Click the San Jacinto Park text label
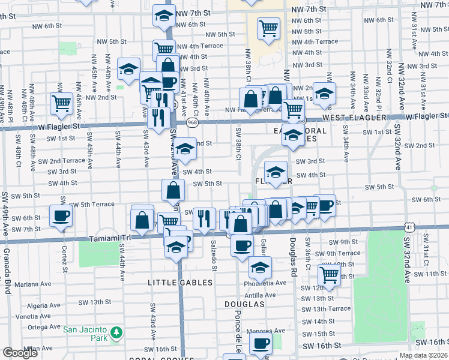point(86,329)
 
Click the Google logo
point(20,353)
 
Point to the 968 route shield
point(192,122)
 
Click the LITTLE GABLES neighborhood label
point(181,282)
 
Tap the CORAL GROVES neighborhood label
point(153,358)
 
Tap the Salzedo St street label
point(214,255)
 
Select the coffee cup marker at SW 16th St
point(261,343)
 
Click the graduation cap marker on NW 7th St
point(163,16)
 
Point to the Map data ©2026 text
point(424,356)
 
